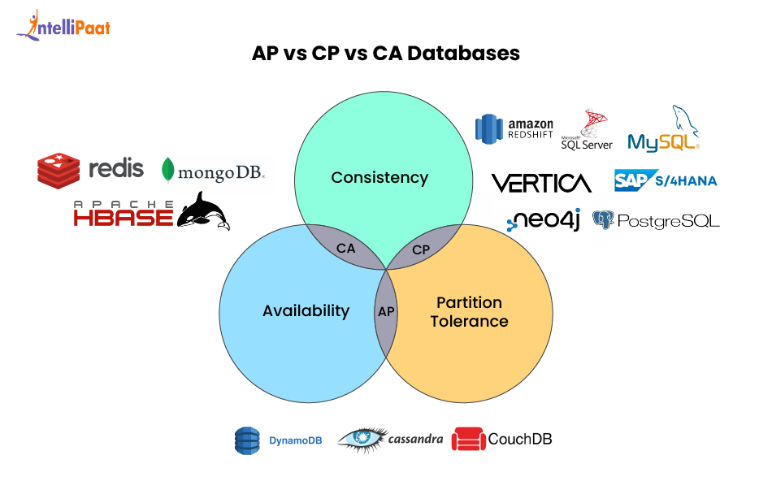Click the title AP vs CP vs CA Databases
pos(385,54)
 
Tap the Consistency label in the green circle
pos(379,177)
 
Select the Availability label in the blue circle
pos(306,310)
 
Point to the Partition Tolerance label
pos(469,311)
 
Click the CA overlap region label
pos(345,249)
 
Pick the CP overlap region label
pos(420,249)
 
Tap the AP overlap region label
pos(386,310)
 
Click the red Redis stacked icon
pos(59,170)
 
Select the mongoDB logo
pos(213,171)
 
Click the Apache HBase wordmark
pos(124,214)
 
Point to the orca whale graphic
pos(202,210)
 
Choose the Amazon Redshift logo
pos(514,128)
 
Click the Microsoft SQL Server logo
pos(587,130)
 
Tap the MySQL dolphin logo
pos(664,130)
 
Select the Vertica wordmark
pos(541,182)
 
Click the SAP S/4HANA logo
pos(666,180)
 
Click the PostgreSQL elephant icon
pos(602,219)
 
